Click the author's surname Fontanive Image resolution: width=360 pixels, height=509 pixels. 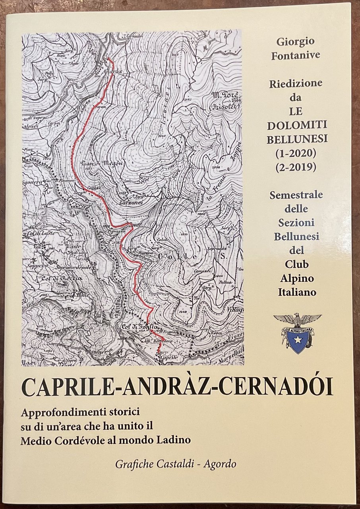(x=296, y=56)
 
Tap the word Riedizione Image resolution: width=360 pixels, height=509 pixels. (x=296, y=84)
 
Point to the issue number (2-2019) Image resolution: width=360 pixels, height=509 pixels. (x=296, y=167)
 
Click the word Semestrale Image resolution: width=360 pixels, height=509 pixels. (x=296, y=195)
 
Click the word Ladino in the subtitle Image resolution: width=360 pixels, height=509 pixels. (x=172, y=440)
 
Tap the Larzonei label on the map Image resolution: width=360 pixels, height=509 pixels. (x=119, y=202)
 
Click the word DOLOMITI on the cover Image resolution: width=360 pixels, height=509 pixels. (x=296, y=125)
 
